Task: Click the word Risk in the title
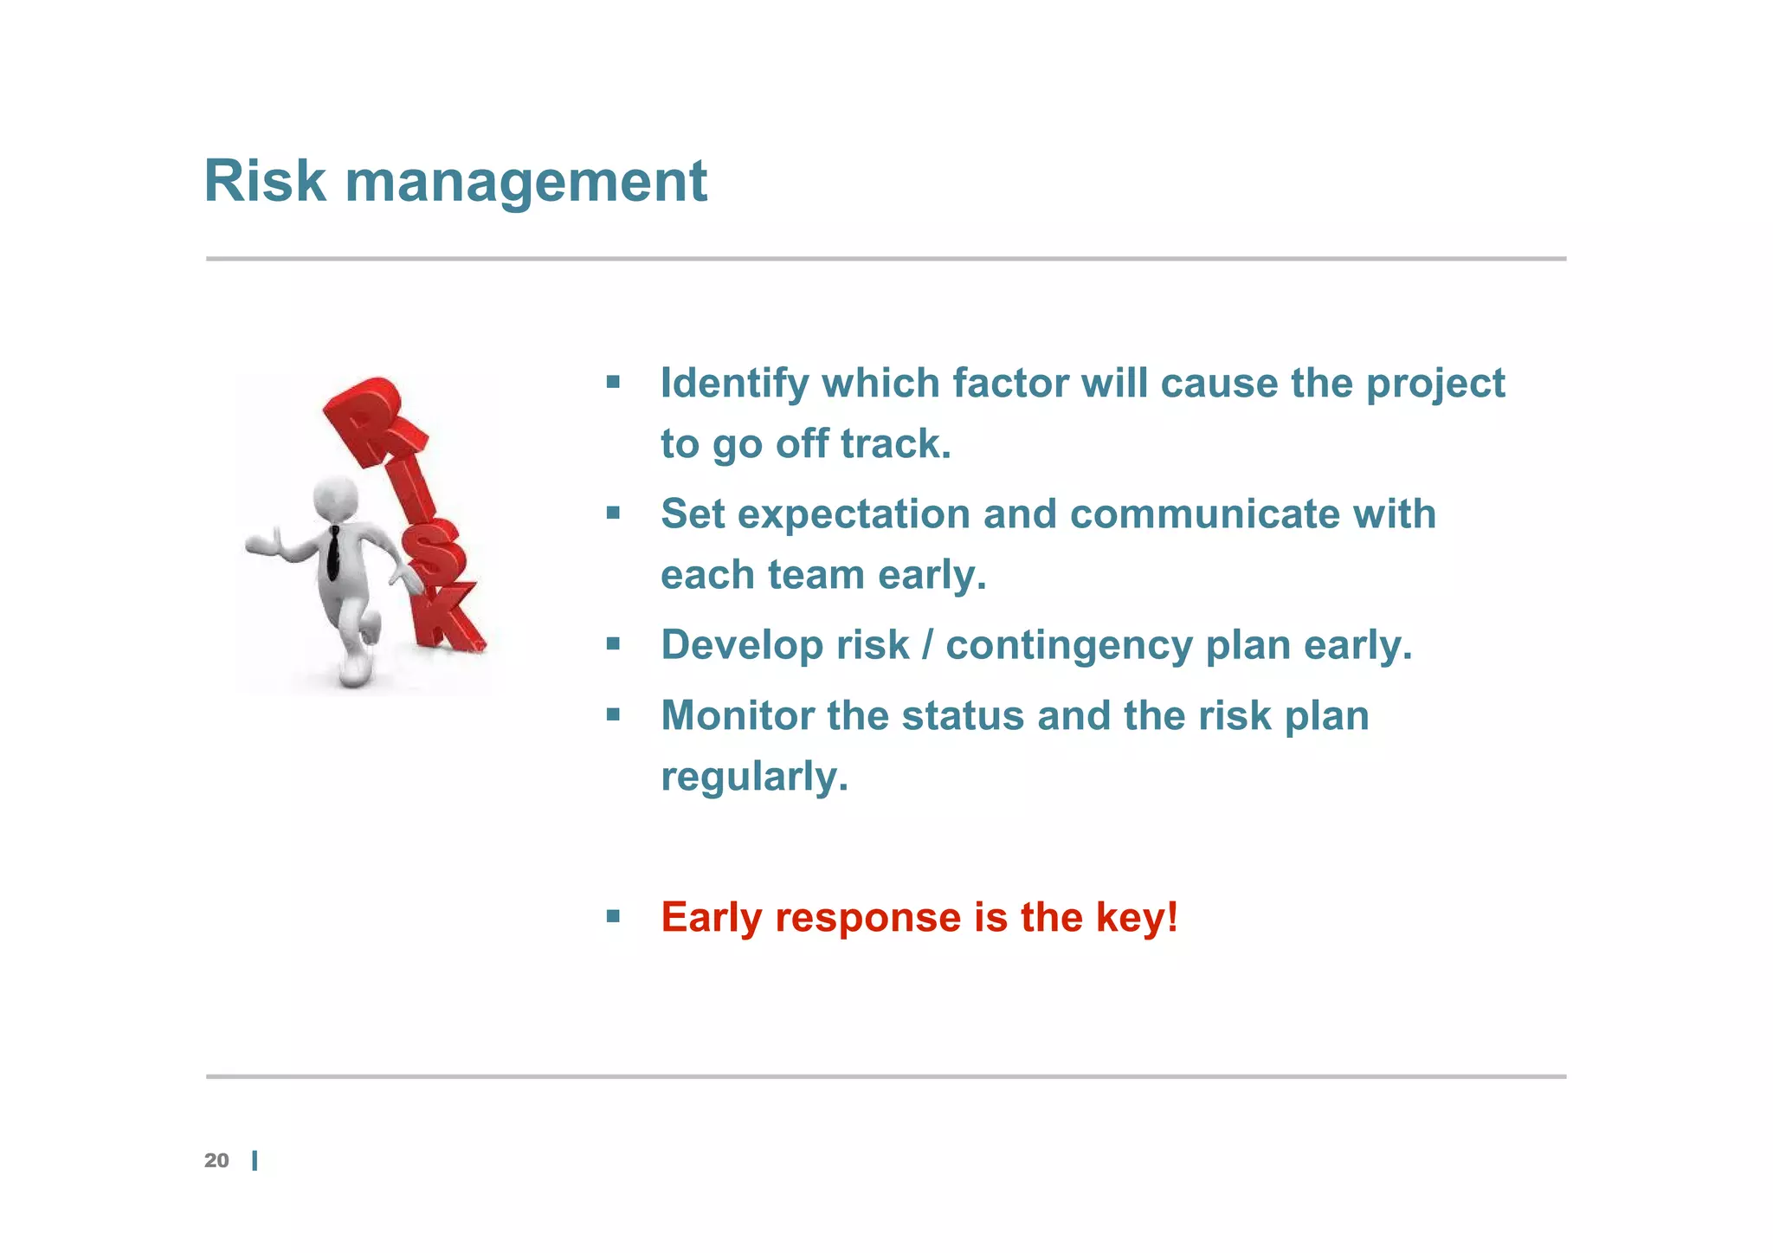264,182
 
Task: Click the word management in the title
525,184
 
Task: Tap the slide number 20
216,1161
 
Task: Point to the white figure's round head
334,497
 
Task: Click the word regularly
753,777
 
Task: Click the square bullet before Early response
613,916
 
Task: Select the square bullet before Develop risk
613,643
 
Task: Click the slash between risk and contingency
927,646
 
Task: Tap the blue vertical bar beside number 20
255,1161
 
